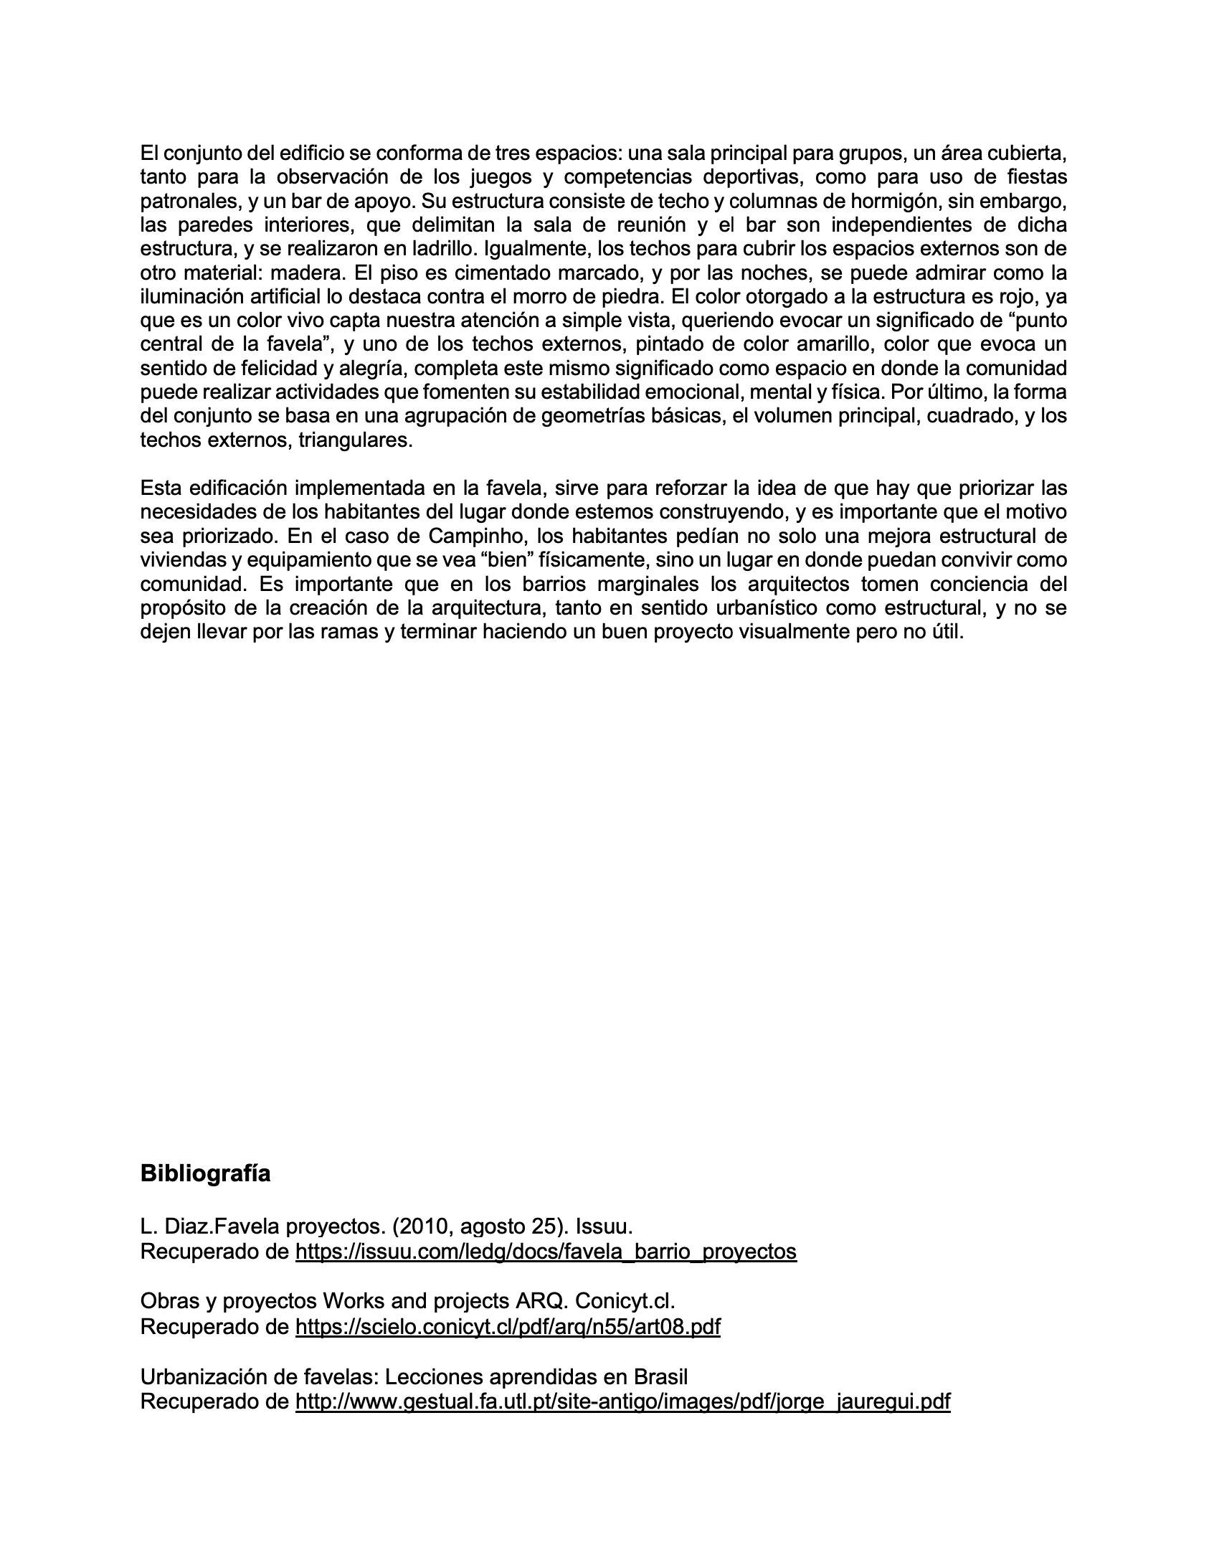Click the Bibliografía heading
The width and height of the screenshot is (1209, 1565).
tap(205, 1174)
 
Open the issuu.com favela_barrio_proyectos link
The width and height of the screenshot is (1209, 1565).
tap(546, 1252)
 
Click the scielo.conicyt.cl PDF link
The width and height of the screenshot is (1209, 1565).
tap(508, 1327)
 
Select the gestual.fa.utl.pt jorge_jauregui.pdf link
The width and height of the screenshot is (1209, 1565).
tap(622, 1401)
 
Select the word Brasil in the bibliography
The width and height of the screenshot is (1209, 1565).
tap(660, 1377)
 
